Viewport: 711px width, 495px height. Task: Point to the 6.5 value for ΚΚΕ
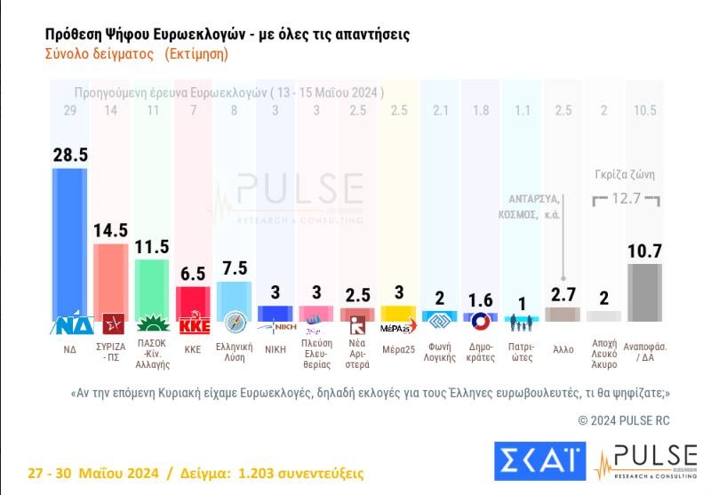193,274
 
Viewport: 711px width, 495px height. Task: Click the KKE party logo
193,324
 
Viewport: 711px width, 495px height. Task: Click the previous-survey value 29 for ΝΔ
71,110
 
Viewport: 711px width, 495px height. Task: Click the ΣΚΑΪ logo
538,459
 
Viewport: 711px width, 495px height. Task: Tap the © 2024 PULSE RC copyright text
623,418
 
